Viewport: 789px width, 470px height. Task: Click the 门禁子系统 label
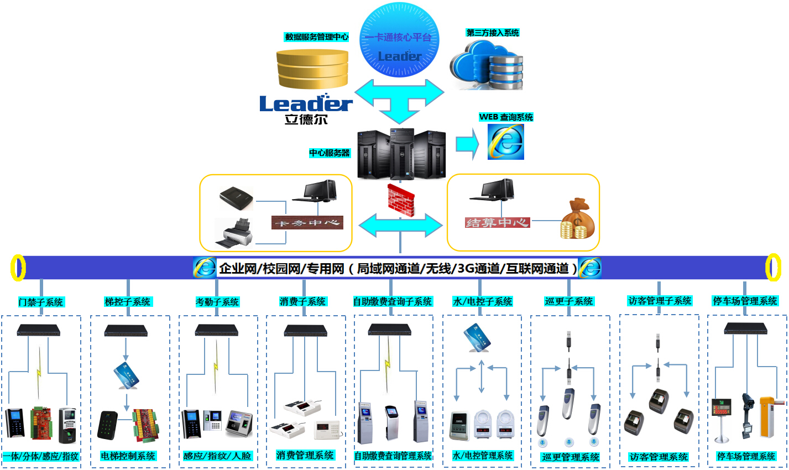(x=41, y=302)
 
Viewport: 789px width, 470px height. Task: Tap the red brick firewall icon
(x=401, y=200)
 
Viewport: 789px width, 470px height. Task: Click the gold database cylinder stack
(x=313, y=69)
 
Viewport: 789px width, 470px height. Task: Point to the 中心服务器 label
(x=330, y=153)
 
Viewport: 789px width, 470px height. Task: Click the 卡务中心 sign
(x=307, y=223)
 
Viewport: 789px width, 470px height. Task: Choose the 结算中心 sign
(x=498, y=222)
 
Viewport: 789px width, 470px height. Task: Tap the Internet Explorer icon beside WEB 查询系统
(x=506, y=142)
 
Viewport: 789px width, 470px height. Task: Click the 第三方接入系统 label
(x=493, y=33)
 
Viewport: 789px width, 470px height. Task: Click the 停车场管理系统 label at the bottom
(x=746, y=456)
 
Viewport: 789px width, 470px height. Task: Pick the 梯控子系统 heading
(x=128, y=302)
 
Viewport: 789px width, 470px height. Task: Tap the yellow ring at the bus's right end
(x=772, y=268)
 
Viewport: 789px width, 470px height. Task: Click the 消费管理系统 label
(x=305, y=456)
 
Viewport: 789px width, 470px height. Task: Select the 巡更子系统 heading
(x=569, y=301)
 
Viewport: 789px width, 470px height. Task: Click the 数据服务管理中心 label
(x=316, y=37)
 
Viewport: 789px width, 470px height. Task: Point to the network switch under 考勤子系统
(x=216, y=331)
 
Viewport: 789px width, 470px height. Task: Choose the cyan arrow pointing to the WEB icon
(x=467, y=144)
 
